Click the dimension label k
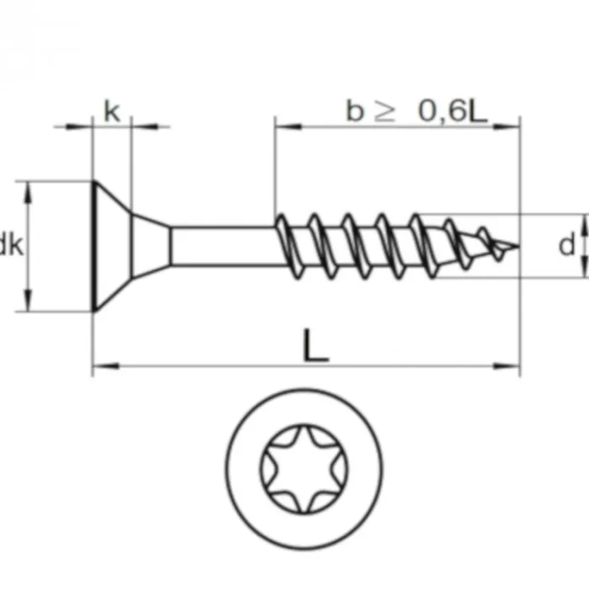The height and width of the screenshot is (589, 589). (x=111, y=111)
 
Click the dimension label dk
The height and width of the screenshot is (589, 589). (x=11, y=246)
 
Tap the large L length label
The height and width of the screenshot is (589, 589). (x=315, y=346)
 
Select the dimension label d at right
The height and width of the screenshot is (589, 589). (x=567, y=245)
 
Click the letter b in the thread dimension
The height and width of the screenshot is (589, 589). (x=354, y=111)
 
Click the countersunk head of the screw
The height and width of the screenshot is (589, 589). (x=110, y=246)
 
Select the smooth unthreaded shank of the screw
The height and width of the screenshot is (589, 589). (x=223, y=246)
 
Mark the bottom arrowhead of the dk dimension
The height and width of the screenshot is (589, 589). (x=30, y=304)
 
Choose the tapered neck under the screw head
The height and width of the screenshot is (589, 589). (x=152, y=246)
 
